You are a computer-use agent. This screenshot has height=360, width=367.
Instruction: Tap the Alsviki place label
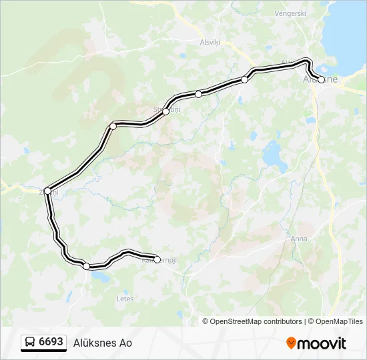pos(210,41)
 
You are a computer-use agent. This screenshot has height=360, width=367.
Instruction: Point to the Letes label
pos(125,299)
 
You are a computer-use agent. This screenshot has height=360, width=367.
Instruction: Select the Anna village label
pos(299,238)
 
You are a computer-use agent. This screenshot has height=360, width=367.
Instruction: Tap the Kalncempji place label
pos(159,260)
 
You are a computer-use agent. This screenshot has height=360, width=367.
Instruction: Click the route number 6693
pos(51,342)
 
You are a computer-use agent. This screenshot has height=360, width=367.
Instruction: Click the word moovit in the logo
pos(321,343)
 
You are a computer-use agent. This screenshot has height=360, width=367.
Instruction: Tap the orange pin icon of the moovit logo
pos(291,343)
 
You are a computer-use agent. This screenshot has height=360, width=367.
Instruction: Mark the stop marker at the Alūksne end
pos(321,79)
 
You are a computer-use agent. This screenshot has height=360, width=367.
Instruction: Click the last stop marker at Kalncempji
pos(157,259)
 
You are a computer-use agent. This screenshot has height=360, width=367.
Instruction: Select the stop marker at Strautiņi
pos(165,111)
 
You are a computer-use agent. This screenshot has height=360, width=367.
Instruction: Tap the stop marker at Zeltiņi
pos(47,191)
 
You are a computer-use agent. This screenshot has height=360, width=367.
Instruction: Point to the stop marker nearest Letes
pos(87,266)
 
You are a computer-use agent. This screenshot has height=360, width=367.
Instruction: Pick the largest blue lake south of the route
pos(273,155)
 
